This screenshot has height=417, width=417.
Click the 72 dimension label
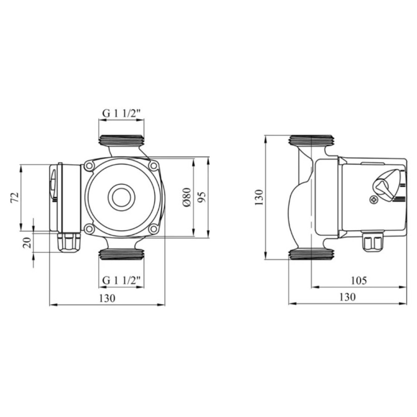[15, 197]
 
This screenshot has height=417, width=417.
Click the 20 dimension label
[28, 243]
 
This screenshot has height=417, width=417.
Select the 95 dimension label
[202, 197]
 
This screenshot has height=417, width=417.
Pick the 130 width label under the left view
[108, 298]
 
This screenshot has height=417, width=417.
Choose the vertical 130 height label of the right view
[259, 197]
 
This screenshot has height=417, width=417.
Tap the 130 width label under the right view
[347, 297]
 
